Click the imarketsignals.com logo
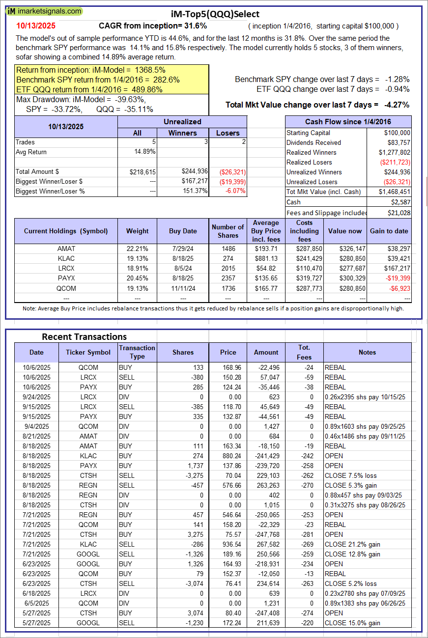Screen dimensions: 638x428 tap(45, 11)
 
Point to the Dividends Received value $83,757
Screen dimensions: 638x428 tap(397, 142)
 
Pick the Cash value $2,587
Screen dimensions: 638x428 tap(400, 202)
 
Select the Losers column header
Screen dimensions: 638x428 tap(228, 133)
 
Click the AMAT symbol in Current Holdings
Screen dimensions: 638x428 tap(66, 249)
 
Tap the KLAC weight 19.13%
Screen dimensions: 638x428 tap(137, 258)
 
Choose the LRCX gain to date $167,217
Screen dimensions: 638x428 tap(396, 268)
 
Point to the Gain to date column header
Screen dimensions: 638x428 tap(389, 231)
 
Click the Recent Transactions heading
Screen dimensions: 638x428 tap(84, 336)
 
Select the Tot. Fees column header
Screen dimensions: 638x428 tap(304, 352)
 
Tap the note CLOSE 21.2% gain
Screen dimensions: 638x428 tap(352, 544)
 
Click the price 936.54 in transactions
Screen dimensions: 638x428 tap(228, 544)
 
